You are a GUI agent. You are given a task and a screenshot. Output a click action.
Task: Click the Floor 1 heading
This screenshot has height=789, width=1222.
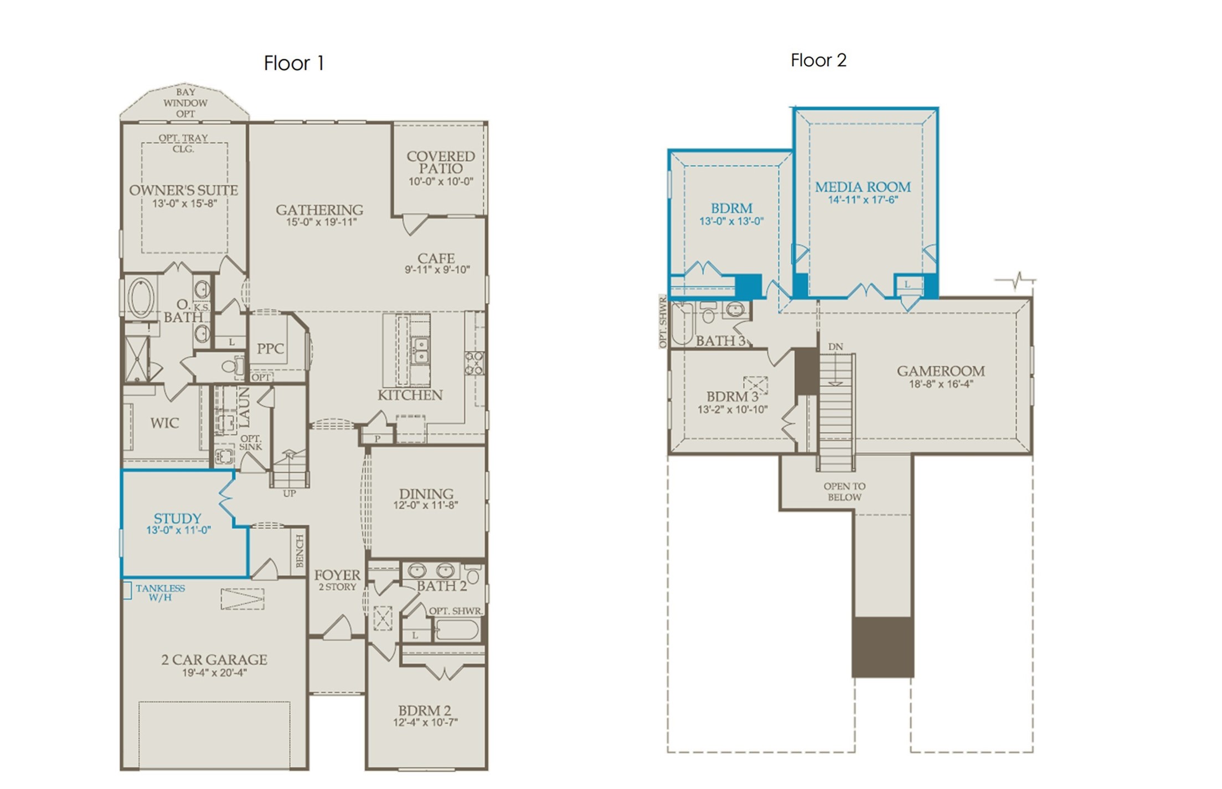coord(293,63)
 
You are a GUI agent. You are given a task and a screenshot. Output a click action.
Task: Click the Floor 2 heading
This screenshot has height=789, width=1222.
coord(818,60)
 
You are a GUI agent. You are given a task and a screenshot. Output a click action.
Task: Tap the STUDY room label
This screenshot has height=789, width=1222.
coord(177,518)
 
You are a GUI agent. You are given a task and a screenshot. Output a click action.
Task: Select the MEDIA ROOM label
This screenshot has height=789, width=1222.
coord(863,187)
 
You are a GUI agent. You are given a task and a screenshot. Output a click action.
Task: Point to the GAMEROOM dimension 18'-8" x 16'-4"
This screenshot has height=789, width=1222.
coord(941,384)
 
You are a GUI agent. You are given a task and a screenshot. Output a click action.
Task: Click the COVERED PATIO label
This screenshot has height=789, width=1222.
coord(441,162)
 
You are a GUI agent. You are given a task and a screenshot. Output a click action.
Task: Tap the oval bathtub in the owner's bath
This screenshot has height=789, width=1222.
coord(141,298)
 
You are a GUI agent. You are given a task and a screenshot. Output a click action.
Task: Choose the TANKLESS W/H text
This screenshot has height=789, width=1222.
coord(160,593)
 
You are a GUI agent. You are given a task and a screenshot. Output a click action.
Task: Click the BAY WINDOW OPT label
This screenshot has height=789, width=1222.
coord(185,103)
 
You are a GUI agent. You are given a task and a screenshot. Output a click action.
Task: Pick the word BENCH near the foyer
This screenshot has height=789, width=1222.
coord(300,551)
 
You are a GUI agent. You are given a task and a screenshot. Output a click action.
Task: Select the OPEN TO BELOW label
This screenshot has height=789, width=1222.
coord(844,492)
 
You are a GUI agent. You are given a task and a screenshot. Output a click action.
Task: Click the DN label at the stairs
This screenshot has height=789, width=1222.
coord(836,347)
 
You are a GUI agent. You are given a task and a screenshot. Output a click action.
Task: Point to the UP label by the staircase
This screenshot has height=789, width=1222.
coord(290,494)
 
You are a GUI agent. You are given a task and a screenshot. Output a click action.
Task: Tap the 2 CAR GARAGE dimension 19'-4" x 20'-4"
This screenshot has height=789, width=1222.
coord(214,673)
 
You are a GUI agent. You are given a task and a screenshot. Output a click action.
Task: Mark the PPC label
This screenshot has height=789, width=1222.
coord(270,349)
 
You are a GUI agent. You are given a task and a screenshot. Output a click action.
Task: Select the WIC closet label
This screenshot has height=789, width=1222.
coord(164,423)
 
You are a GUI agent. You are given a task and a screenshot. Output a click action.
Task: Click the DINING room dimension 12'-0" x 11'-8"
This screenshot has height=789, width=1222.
coord(425,505)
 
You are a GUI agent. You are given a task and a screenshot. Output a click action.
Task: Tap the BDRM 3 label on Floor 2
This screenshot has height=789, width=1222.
coord(732,397)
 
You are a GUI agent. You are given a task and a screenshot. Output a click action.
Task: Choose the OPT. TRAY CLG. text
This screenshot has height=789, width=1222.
coord(183,143)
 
